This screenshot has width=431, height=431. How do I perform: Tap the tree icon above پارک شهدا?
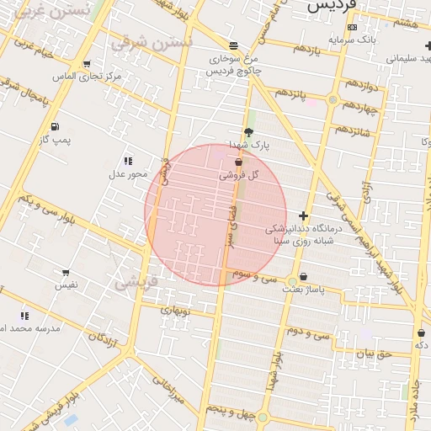248,131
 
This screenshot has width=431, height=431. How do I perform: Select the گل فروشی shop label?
238,175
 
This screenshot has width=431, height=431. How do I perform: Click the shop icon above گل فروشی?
238,162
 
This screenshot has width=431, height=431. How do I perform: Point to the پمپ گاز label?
56,141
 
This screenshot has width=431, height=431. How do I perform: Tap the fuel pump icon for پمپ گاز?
56,127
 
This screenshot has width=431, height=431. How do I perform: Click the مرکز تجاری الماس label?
88,77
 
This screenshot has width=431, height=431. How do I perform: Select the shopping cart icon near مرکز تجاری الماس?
87,64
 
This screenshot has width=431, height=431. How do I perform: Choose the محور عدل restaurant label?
127,174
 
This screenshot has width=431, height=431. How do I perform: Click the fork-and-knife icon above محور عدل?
128,161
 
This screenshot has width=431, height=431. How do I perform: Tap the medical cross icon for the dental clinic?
304,215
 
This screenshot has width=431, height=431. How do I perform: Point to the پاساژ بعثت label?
303,289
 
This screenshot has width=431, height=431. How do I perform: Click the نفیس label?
67,285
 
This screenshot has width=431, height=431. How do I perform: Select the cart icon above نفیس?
66,272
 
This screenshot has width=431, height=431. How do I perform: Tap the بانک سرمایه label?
353,39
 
